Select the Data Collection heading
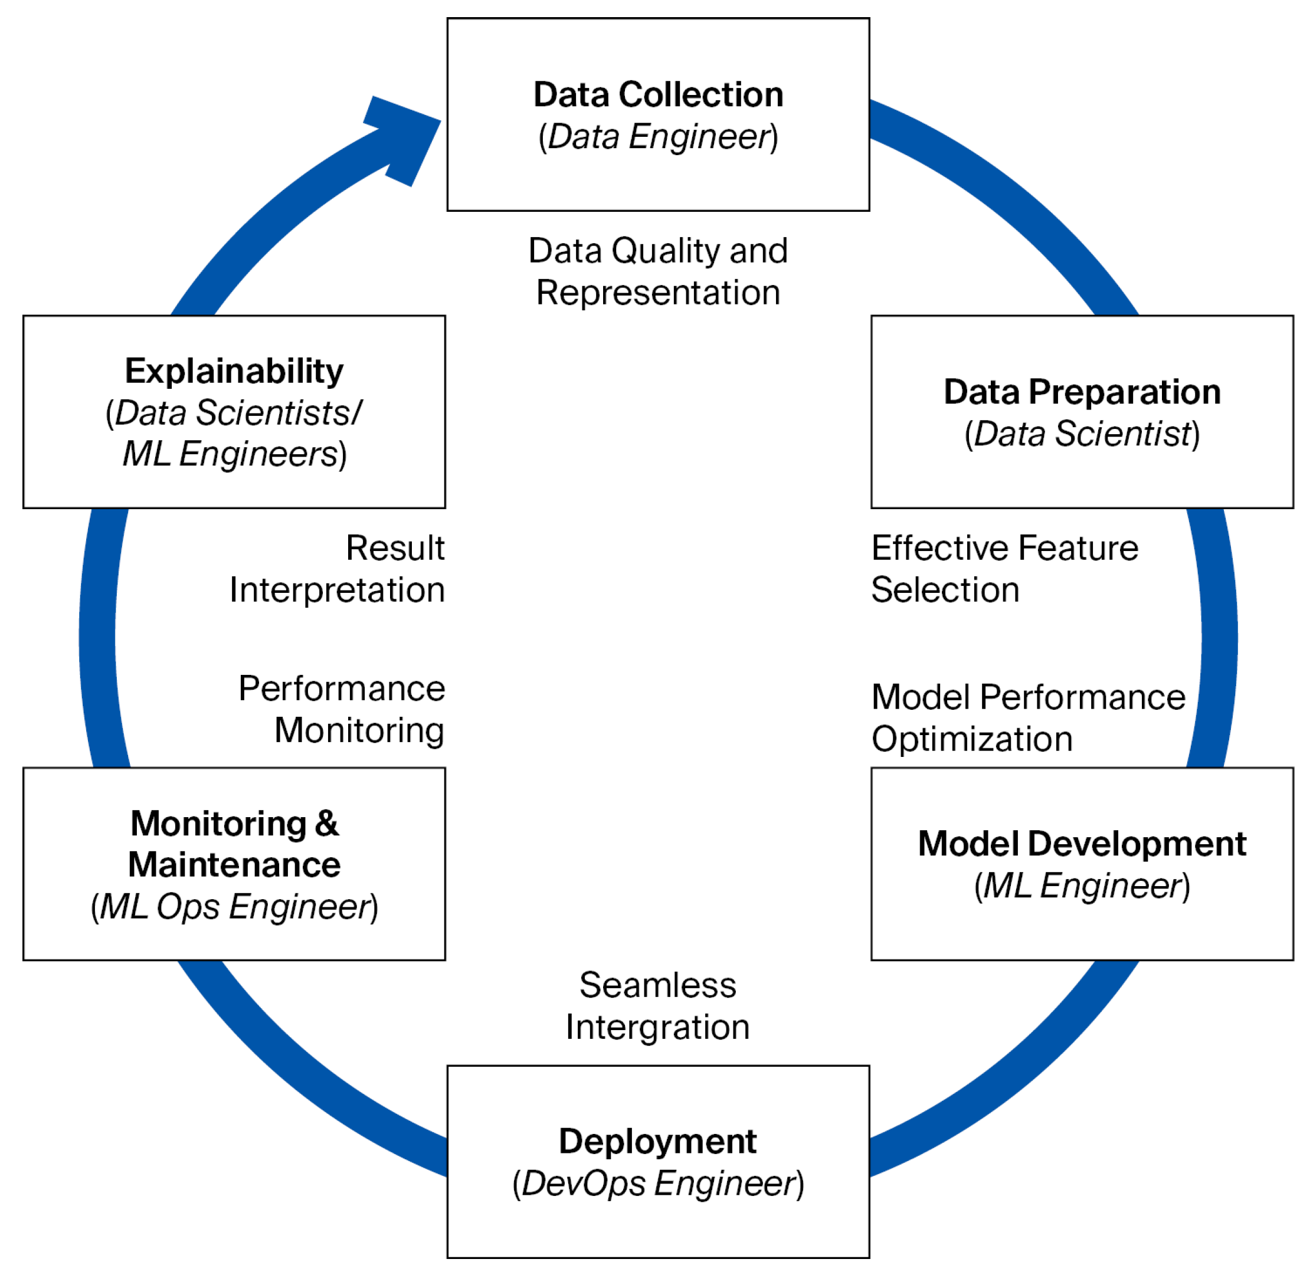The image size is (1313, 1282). (658, 94)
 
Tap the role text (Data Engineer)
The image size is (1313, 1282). (658, 137)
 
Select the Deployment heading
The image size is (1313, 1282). (658, 1140)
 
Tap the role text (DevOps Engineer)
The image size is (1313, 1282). (658, 1183)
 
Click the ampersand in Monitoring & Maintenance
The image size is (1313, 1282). (326, 823)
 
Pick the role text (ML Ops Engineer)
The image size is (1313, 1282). (234, 906)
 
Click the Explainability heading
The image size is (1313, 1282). (234, 371)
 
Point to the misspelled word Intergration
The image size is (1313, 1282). (658, 1027)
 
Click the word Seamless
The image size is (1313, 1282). (658, 985)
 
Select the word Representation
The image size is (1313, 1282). (658, 293)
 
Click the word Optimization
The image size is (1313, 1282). (971, 739)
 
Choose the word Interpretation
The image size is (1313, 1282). (338, 591)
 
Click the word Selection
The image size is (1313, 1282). (945, 591)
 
